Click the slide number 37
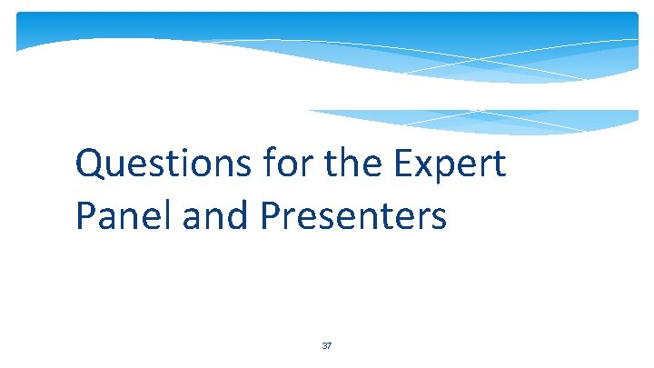[x=327, y=346]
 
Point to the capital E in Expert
[x=406, y=164]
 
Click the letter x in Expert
[x=429, y=167]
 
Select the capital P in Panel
[x=87, y=216]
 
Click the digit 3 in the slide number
[x=324, y=346]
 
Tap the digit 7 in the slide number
[x=330, y=346]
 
